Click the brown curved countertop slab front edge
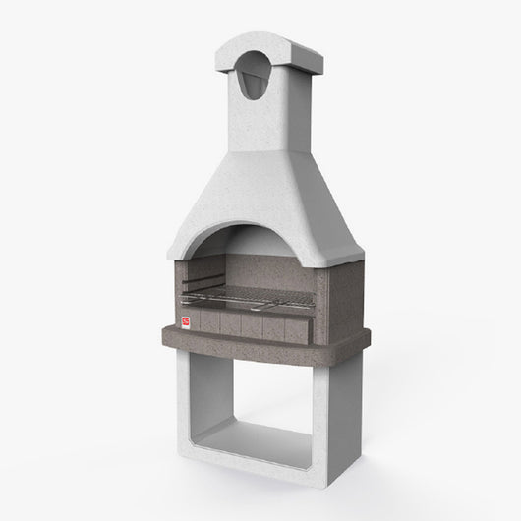(256, 346)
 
